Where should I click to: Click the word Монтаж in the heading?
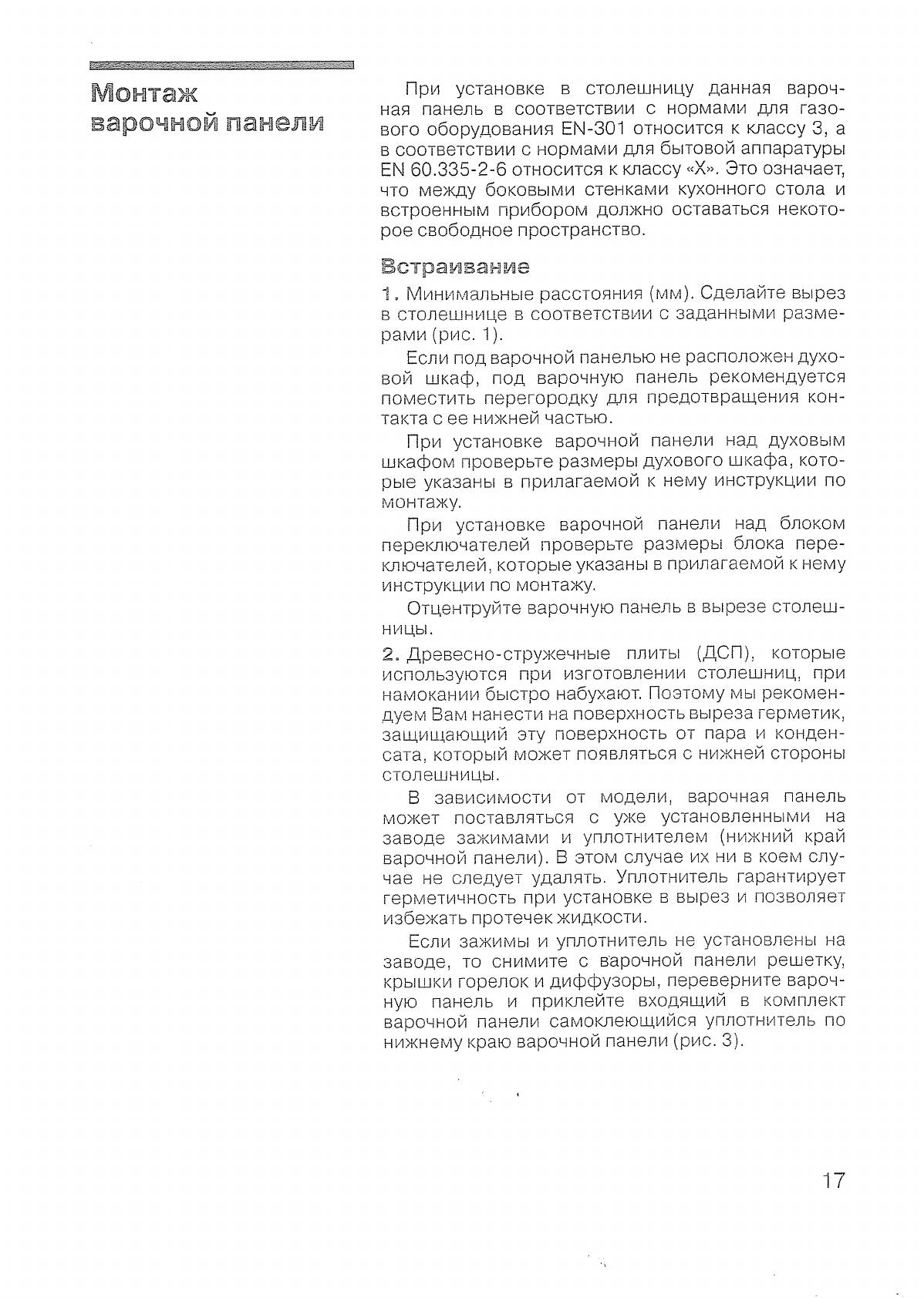click(x=144, y=94)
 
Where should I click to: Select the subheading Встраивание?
click(x=456, y=267)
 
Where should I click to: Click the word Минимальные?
click(x=467, y=294)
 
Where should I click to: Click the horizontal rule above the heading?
click(x=222, y=66)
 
